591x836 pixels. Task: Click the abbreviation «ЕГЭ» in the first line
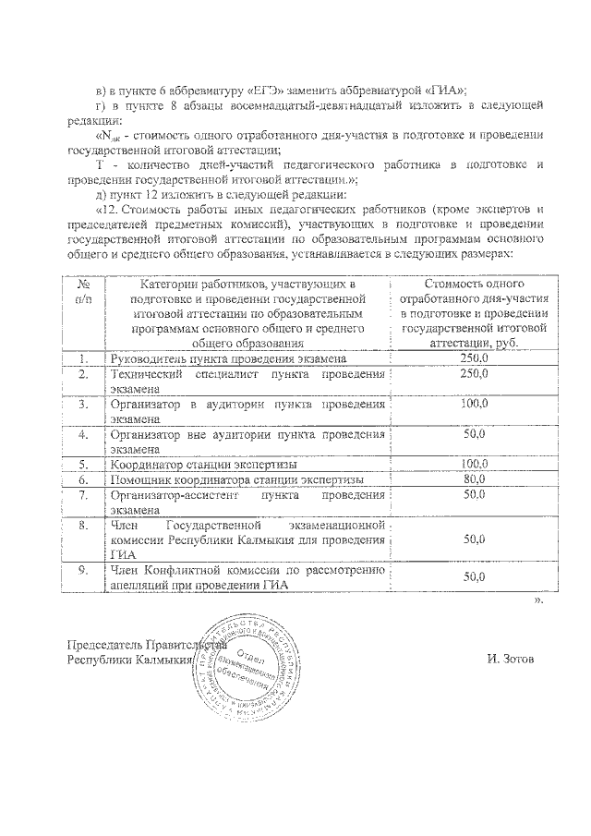262,89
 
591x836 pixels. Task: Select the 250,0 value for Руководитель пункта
474,357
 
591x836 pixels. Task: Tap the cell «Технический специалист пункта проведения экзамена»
246,381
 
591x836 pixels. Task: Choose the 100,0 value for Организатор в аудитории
474,405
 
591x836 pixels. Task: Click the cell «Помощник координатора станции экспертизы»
236,479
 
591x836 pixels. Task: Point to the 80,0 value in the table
474,479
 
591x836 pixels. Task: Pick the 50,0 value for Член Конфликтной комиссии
474,576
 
